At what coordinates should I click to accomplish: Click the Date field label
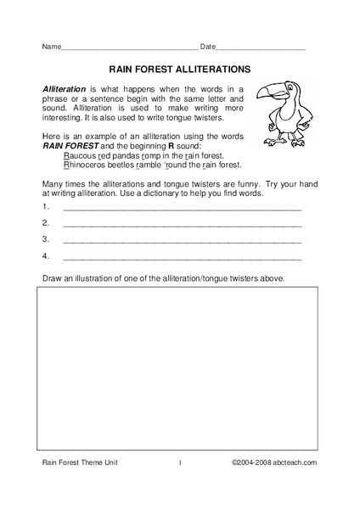pos(208,45)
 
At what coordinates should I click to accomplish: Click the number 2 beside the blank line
pos(44,224)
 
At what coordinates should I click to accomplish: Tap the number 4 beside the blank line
pos(44,255)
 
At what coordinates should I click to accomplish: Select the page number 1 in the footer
pos(180,486)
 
